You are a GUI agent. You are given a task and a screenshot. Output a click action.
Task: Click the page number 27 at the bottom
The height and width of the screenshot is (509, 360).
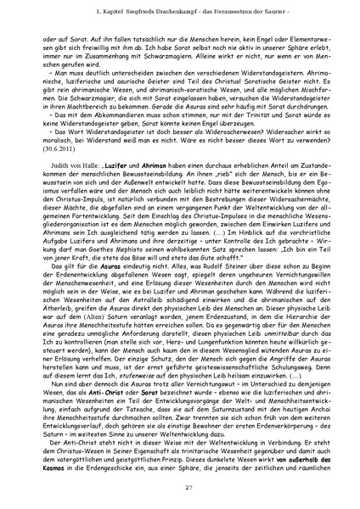point(180,484)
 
